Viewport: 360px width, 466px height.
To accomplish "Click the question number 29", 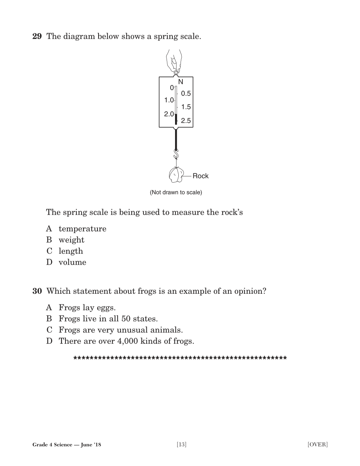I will tap(37, 36).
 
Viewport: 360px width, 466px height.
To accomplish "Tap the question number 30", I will tap(37, 291).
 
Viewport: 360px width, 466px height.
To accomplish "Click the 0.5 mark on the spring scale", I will tap(186, 93).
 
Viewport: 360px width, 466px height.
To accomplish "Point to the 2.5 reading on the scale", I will tap(186, 121).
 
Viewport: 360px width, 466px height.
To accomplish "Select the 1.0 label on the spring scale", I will tap(169, 100).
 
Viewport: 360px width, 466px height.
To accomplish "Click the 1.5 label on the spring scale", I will tap(186, 107).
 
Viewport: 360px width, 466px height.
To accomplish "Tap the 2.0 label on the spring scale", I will tap(169, 114).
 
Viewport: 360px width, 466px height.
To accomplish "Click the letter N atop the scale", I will tap(181, 82).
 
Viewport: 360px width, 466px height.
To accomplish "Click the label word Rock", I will tap(200, 176).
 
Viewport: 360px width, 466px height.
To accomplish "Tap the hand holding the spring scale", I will tap(174, 60).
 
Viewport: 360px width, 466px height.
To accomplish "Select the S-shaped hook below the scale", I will tap(176, 153).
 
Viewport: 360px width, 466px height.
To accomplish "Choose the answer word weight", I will tap(71, 240).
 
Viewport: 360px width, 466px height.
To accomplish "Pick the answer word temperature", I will tap(82, 229).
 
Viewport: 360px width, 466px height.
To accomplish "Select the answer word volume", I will tap(72, 262).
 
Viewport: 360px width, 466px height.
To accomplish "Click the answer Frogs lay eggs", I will tap(87, 308).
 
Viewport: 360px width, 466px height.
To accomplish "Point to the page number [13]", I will tap(182, 445).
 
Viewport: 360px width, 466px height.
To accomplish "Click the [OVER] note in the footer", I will tap(317, 445).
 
